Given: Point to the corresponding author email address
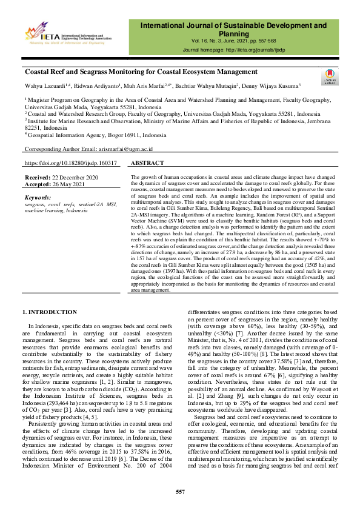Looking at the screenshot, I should [x=124, y=149].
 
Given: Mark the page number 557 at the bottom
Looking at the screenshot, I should [x=180, y=491].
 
